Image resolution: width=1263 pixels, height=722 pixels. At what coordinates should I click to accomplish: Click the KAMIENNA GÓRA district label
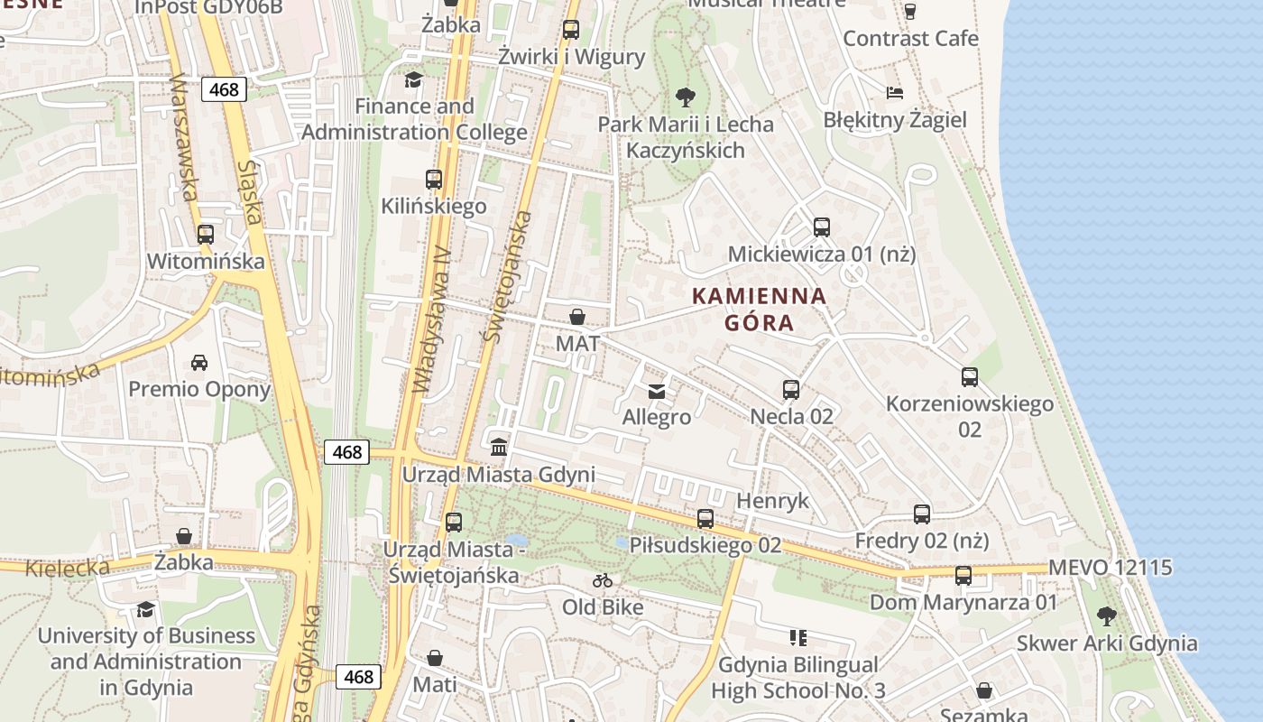[x=759, y=309]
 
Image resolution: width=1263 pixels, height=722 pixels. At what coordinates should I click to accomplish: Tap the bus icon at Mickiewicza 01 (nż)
[x=821, y=227]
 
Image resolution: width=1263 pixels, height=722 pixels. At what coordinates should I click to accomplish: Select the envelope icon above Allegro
[x=657, y=391]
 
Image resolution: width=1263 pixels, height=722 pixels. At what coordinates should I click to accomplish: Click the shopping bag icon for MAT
[x=577, y=317]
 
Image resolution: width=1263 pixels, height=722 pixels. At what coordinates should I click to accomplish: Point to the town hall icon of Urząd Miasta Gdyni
[x=498, y=447]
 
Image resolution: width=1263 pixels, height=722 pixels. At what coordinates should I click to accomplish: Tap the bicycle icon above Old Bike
[x=603, y=580]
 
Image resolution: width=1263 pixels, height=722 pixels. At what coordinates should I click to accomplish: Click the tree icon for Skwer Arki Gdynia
[x=1107, y=616]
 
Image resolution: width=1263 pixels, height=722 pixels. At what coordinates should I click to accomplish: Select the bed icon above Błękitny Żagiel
[x=894, y=93]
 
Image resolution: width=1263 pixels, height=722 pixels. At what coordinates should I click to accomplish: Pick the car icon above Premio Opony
[x=198, y=363]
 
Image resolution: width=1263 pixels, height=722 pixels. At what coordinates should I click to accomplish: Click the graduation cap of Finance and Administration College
[x=413, y=79]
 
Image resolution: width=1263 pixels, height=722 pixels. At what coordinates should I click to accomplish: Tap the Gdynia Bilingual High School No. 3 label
[x=797, y=678]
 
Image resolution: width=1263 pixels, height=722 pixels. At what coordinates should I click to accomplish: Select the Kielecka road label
[x=68, y=568]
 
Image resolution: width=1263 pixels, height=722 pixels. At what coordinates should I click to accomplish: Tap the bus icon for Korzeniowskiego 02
[x=970, y=377]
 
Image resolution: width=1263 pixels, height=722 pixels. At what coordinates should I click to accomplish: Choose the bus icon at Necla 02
[x=791, y=390]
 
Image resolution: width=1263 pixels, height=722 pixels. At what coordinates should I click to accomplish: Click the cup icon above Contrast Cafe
[x=909, y=12]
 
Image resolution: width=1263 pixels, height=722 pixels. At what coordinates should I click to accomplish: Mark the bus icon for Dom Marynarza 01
[x=963, y=576]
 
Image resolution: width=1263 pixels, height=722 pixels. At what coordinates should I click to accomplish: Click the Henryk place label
[x=773, y=501]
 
